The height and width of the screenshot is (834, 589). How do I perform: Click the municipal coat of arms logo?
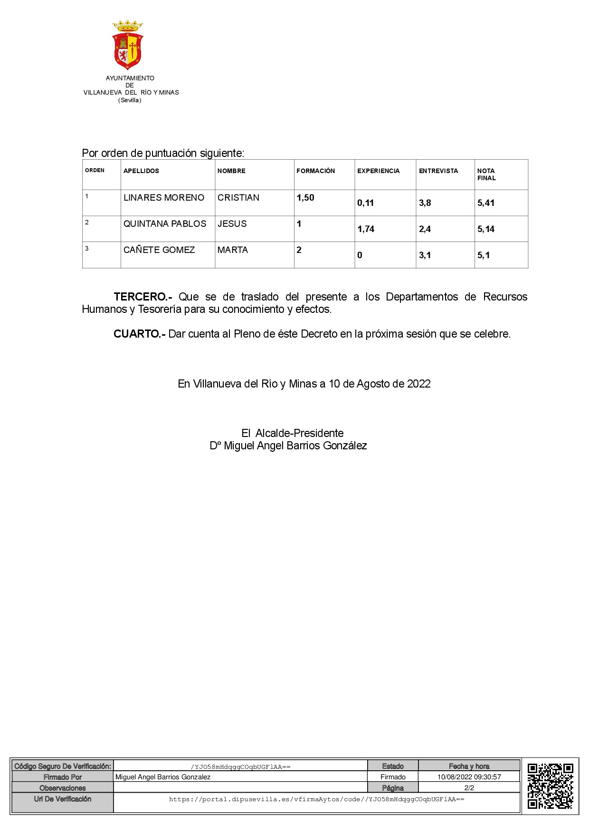tap(128, 45)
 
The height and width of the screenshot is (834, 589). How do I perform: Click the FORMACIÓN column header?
tap(315, 171)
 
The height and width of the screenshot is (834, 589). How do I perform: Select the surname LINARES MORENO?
tap(164, 198)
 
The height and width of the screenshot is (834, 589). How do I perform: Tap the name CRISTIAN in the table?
tap(238, 198)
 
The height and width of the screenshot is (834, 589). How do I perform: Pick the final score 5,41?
tap(486, 203)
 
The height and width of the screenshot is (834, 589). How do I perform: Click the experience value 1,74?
tap(366, 229)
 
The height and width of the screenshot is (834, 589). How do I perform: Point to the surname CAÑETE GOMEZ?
tap(159, 250)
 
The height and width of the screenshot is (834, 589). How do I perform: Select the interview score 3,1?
tap(425, 255)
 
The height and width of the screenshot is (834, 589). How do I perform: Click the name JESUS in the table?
tap(232, 224)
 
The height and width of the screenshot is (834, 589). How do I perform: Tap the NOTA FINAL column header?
tap(486, 175)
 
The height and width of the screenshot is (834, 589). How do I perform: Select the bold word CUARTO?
tap(139, 334)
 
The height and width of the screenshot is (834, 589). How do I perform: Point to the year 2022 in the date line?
tap(418, 384)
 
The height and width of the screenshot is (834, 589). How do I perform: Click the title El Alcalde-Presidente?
tap(292, 433)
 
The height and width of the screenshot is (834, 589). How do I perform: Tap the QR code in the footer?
tap(550, 786)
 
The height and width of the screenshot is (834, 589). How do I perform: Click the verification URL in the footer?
tap(316, 799)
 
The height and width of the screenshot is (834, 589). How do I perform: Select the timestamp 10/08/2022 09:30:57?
tap(469, 777)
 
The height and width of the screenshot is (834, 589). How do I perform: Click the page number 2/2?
tap(469, 788)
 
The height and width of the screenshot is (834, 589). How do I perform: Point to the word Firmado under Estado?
tap(393, 777)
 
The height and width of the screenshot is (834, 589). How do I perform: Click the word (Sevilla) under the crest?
tap(130, 100)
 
